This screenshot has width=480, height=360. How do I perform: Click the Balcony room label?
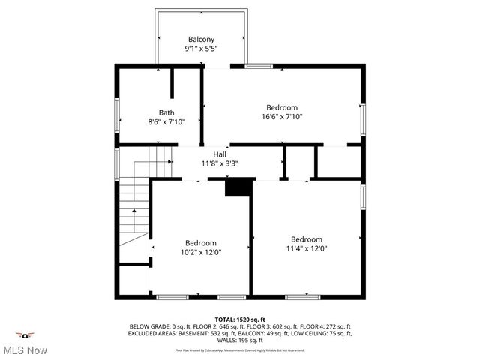tap(201, 39)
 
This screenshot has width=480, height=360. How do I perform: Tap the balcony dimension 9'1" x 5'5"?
tap(201, 49)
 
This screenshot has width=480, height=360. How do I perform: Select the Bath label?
tap(166, 112)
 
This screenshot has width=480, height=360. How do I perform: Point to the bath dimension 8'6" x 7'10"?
tap(166, 122)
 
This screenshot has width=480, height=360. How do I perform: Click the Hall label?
tap(220, 154)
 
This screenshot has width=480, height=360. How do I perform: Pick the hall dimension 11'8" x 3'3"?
tap(220, 163)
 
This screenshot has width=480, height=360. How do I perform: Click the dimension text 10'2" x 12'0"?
tap(201, 253)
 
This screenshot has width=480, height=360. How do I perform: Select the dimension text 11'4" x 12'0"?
tap(307, 249)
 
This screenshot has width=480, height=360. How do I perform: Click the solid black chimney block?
tap(236, 187)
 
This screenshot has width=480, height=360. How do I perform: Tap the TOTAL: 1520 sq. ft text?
tap(240, 319)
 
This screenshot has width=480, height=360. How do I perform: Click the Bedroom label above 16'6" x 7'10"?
tap(283, 107)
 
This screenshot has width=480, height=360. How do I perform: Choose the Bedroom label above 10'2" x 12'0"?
tap(201, 243)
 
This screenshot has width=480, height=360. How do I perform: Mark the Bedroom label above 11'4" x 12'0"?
tap(307, 239)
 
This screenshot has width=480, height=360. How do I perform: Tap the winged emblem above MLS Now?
tap(25, 334)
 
